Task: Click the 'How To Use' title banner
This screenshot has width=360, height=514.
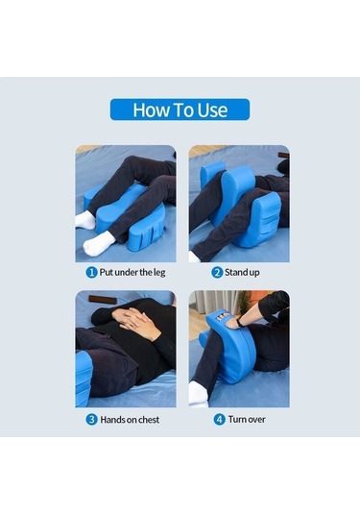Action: click(x=180, y=110)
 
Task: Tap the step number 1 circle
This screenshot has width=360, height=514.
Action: click(x=91, y=273)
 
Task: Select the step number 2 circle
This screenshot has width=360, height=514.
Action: click(x=217, y=273)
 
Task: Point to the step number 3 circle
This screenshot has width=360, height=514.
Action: click(x=91, y=420)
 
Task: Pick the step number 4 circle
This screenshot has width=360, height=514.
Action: click(x=219, y=420)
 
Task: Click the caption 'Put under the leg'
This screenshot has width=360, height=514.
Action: click(x=132, y=273)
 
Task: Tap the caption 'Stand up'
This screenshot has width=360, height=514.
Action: click(x=242, y=273)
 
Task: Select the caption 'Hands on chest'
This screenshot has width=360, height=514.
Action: click(x=130, y=420)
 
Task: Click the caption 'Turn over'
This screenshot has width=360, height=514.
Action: click(x=247, y=419)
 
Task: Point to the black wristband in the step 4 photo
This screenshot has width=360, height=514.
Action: click(x=241, y=322)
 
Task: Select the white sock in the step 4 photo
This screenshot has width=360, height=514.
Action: click(x=198, y=393)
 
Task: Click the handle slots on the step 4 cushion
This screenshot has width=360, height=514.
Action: click(x=223, y=316)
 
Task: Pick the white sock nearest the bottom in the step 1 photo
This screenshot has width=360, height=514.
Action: click(x=98, y=244)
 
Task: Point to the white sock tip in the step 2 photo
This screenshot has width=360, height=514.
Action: click(x=194, y=257)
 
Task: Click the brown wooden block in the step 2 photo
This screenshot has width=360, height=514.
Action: click(x=283, y=156)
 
